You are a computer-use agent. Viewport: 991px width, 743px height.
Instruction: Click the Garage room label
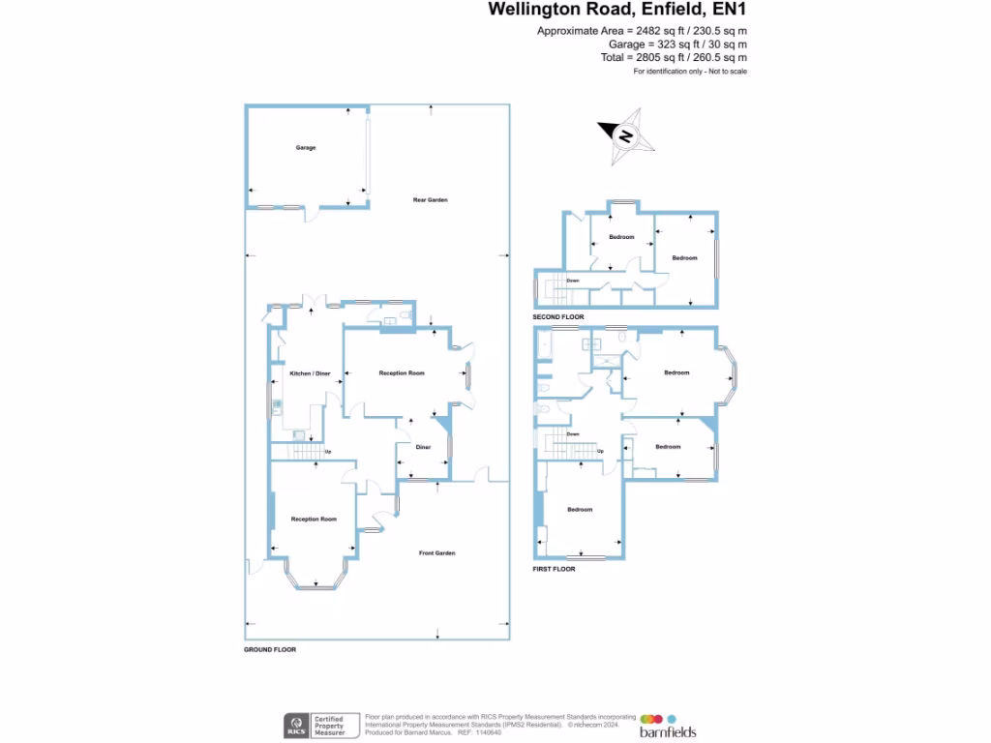click(306, 148)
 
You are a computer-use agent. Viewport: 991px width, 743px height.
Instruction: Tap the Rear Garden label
click(431, 200)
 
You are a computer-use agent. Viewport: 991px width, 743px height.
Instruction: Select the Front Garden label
click(436, 553)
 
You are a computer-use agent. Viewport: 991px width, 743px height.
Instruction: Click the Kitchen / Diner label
click(310, 373)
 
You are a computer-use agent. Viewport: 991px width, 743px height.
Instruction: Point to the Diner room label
click(423, 447)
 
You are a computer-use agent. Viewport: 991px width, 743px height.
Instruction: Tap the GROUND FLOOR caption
click(270, 650)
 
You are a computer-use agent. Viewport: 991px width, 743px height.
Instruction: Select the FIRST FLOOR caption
click(554, 569)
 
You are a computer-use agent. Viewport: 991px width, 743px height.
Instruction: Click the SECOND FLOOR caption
click(558, 317)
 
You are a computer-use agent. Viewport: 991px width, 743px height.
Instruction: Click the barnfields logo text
click(668, 732)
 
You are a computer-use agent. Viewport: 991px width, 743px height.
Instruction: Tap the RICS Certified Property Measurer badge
click(320, 726)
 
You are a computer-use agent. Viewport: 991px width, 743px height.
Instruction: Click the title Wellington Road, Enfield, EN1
click(617, 10)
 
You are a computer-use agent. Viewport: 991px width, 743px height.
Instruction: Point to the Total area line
click(674, 58)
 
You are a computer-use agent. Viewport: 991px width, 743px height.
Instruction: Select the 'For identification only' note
click(690, 72)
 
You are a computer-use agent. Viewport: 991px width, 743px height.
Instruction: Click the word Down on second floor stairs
click(573, 281)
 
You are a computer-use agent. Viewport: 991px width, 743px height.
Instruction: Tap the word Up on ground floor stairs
click(328, 452)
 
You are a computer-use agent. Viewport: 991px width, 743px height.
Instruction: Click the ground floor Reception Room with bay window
click(314, 520)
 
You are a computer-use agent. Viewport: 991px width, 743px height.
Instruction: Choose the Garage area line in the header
click(677, 45)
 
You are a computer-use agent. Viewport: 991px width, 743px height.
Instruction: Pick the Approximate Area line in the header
click(642, 31)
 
